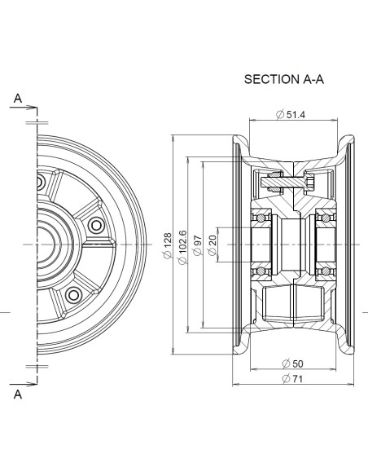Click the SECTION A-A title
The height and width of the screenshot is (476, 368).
coord(284,79)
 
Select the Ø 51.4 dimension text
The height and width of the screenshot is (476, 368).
coord(291,114)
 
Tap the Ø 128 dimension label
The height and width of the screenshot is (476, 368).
coord(168,245)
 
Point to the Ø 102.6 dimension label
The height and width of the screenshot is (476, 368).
coord(182,248)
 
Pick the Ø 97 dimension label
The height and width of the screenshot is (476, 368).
coord(197,245)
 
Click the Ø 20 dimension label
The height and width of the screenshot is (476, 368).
coord(212,245)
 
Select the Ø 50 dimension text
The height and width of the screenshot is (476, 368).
coord(292,364)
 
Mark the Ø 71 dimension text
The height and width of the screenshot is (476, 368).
coord(292,378)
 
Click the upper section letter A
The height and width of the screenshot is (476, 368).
coord(18,99)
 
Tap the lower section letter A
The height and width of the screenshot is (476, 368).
coord(18,394)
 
